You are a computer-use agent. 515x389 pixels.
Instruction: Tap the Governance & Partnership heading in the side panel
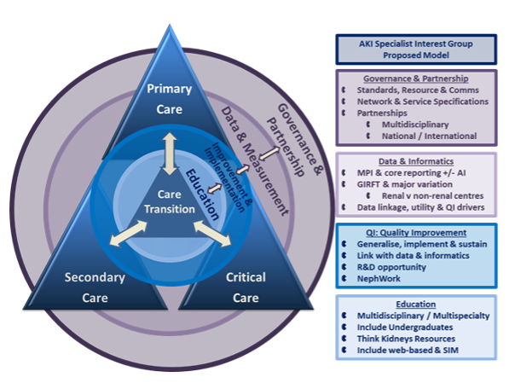click(416, 78)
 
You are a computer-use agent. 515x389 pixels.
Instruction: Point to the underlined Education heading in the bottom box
click(416, 304)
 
